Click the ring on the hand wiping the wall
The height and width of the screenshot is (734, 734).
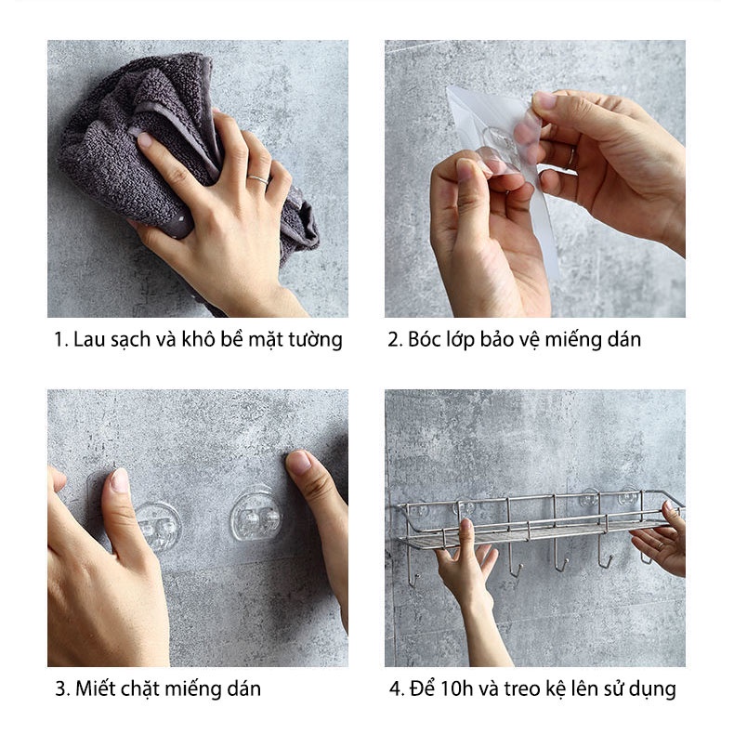(x=257, y=177)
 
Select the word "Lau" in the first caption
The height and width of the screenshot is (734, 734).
(x=85, y=340)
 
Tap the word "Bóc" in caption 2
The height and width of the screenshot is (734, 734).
(x=424, y=340)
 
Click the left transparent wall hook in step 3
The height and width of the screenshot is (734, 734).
(x=158, y=526)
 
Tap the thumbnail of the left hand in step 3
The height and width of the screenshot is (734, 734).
(x=119, y=480)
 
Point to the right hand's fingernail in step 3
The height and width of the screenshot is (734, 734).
(x=299, y=462)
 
